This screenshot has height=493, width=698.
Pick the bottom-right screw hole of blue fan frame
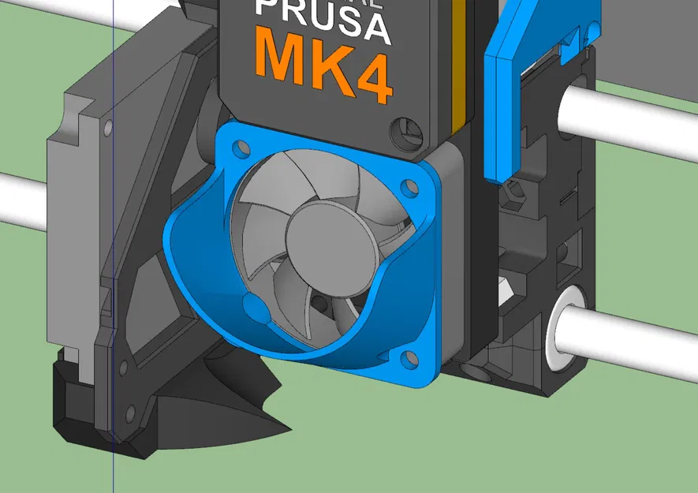click(x=409, y=360)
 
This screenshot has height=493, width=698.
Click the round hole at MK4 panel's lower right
click(x=408, y=129)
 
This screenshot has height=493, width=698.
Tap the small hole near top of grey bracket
click(x=108, y=126)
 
